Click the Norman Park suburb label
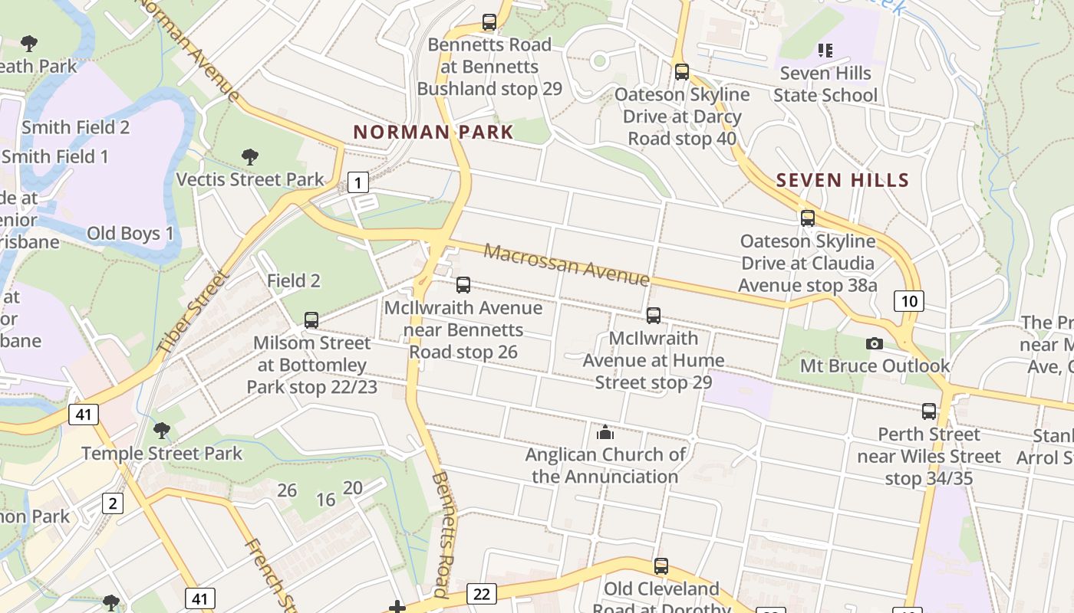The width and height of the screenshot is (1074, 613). coord(433,132)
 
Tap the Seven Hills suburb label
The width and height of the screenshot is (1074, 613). coord(842,181)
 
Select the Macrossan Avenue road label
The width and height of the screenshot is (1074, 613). coord(566,264)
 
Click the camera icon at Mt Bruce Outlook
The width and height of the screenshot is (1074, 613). coord(875,343)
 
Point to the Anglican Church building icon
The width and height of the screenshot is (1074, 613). coord(605,432)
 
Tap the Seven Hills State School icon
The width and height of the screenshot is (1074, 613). coord(825,51)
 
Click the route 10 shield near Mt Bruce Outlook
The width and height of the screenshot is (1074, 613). coord(908,300)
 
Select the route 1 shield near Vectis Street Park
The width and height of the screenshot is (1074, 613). coord(357,182)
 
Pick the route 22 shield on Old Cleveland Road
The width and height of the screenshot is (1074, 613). coord(482,594)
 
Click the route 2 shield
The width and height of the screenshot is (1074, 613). coord(112,503)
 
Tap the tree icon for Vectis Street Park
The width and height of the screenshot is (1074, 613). coord(249,157)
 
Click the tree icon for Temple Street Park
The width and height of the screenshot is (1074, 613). coord(161,430)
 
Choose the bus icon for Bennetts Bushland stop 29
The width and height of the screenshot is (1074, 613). coord(489,21)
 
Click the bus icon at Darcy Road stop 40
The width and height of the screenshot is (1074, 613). coord(682,72)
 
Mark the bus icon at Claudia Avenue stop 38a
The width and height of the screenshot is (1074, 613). coord(808,218)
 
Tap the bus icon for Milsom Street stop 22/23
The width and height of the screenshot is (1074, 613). coord(311,320)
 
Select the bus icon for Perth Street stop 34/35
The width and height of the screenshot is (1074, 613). coord(929,411)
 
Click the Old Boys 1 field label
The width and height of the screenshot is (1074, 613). coord(130,233)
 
